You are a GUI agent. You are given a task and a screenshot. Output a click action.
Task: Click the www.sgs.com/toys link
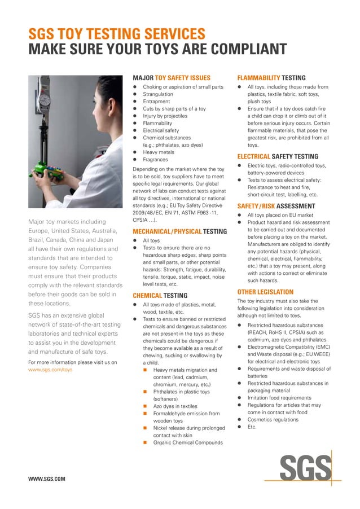point(50,370)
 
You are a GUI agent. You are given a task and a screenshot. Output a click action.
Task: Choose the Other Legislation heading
point(265,292)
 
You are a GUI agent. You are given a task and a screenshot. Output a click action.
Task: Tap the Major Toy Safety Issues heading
point(171,78)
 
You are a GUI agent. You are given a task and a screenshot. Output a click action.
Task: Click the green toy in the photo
point(46,169)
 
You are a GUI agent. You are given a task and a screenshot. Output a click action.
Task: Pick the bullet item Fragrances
point(155,160)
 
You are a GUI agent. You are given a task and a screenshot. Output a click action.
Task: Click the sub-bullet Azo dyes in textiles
point(175,406)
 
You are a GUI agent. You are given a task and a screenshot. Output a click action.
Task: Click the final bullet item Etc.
point(252,427)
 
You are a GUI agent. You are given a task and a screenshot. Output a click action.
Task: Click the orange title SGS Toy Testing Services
point(117,33)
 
